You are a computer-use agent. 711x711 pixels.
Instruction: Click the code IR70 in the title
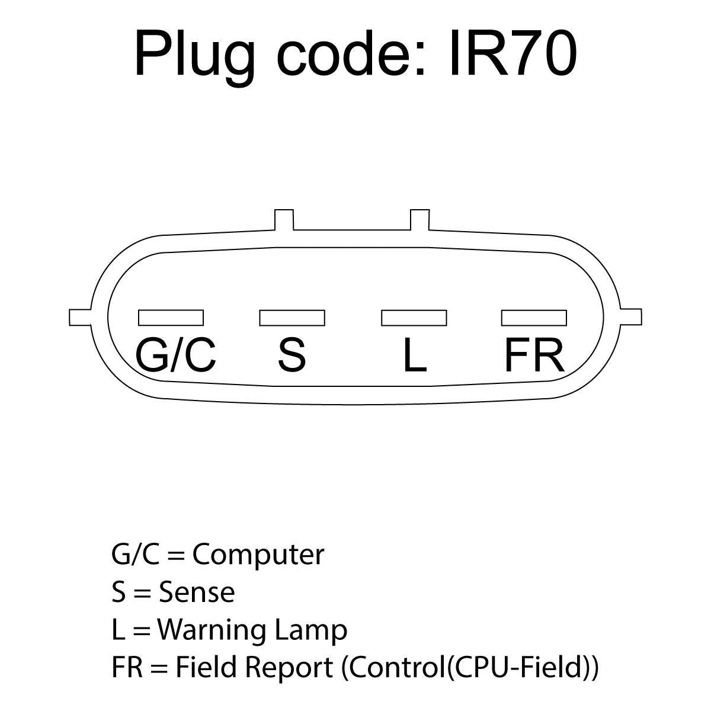pos(513,54)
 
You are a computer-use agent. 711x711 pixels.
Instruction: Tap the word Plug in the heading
pos(194,58)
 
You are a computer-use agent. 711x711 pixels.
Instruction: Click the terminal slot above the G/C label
pos(171,318)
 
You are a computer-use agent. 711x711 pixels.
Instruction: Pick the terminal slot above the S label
pos(292,318)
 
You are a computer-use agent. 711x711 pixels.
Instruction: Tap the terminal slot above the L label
pos(414,318)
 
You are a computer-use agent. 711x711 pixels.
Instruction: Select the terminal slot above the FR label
pos(534,318)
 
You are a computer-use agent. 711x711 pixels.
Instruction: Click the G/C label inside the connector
pos(175,355)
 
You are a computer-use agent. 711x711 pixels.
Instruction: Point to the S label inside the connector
pos(292,355)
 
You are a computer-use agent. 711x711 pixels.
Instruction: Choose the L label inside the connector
pos(415,355)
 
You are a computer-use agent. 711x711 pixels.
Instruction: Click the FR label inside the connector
pos(534,355)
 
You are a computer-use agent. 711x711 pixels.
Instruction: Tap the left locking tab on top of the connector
pos(284,220)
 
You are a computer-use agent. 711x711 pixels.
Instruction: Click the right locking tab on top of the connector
pos(420,220)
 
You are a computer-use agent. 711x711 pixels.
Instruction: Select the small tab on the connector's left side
pos(80,318)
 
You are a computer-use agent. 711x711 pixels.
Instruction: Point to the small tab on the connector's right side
pos(630,318)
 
